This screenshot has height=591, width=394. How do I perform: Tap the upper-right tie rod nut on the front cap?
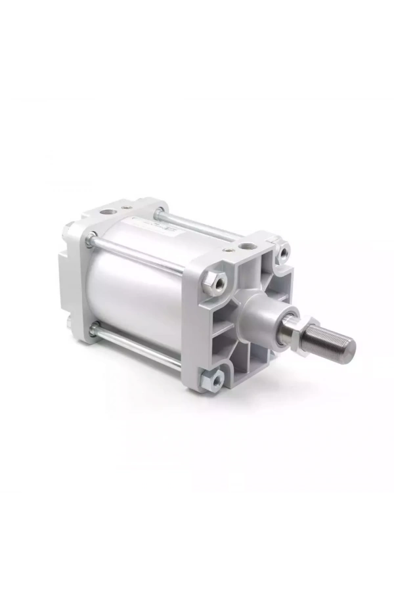284,252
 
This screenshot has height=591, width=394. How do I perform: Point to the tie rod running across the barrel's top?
197,223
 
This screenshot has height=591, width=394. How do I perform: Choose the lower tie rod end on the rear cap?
93,326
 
